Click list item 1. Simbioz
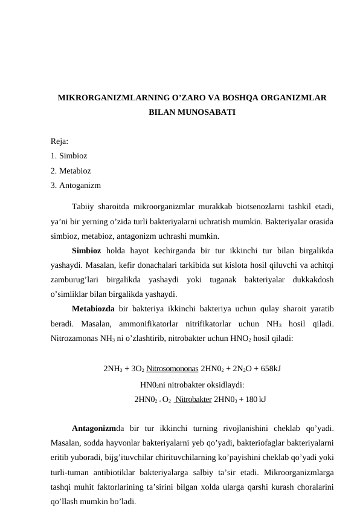coord(69,156)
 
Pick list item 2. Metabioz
coord(71,170)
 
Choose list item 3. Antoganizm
coord(76,185)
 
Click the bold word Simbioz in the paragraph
coord(87,250)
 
